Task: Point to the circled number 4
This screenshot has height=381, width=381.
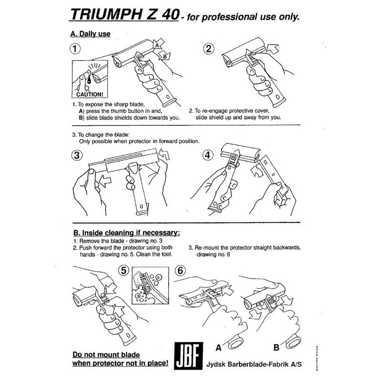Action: click(208, 155)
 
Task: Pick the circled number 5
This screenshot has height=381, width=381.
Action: click(124, 271)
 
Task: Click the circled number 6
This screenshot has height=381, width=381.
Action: click(180, 271)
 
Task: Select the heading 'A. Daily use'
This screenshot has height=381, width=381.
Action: click(90, 34)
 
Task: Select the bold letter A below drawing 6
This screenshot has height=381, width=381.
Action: click(219, 348)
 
